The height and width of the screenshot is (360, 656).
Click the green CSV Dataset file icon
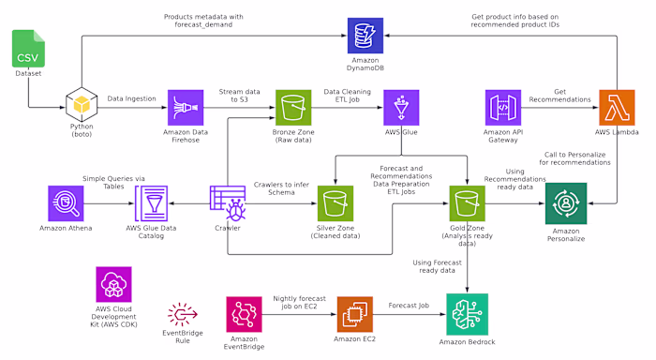(27, 50)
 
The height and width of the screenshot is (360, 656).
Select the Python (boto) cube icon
(82, 107)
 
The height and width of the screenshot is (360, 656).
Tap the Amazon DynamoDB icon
(365, 36)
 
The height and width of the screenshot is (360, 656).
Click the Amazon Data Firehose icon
(186, 107)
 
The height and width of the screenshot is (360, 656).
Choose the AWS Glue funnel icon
(401, 107)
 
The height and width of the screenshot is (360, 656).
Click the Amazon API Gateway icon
(503, 107)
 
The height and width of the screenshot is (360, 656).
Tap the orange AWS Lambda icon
(617, 107)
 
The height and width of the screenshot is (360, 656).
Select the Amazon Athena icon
(65, 202)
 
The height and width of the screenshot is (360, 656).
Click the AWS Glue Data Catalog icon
(153, 202)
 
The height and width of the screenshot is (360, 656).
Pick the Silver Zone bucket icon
(335, 202)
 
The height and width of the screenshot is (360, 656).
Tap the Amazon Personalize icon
(566, 202)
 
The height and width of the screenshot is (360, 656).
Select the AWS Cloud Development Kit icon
(113, 284)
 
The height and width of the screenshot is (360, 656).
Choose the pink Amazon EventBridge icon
(245, 314)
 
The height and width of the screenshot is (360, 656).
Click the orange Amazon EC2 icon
(355, 314)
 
